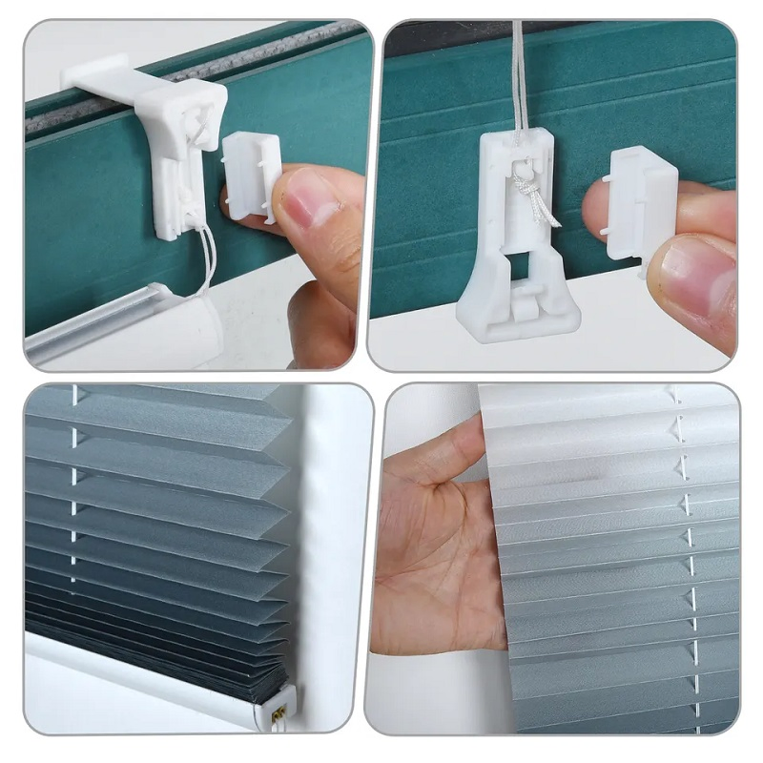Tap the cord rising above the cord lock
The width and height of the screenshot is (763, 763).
[x=520, y=76]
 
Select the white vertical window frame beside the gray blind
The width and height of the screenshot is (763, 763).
[x=329, y=534]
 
